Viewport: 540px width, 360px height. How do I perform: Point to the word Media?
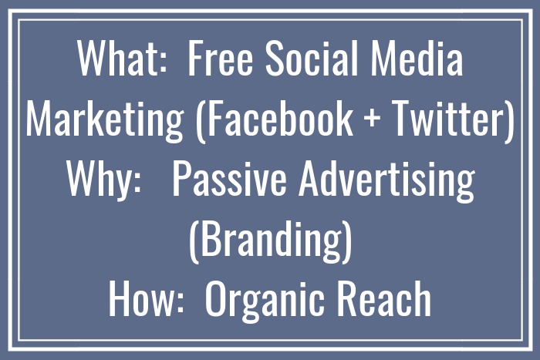[x=422, y=59]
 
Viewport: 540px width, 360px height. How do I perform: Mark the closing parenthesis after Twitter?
[x=508, y=121]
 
